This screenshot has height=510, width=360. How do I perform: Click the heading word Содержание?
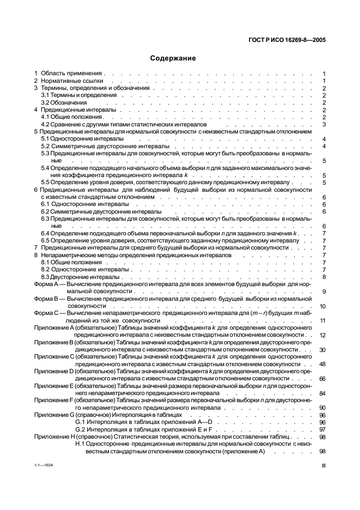173,58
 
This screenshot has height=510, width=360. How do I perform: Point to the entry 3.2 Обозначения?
62,102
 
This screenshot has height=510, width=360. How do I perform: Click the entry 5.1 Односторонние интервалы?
78,139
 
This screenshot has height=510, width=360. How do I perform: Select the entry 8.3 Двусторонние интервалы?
76,276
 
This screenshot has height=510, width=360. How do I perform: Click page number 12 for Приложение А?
322,335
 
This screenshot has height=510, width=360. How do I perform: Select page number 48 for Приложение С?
322,364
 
